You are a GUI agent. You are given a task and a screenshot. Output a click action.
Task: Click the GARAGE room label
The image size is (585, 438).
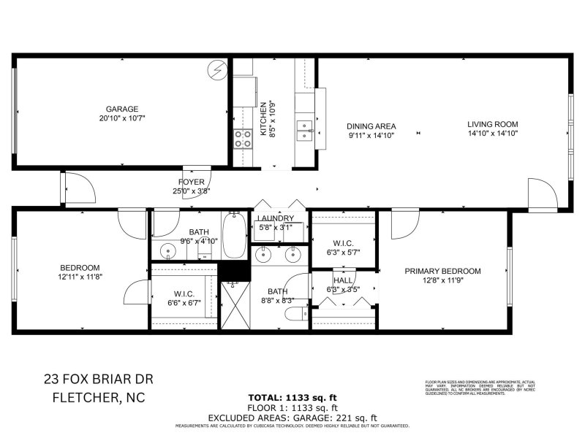(x=121, y=109)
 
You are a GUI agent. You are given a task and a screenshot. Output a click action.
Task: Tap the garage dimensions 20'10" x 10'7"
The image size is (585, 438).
(x=121, y=118)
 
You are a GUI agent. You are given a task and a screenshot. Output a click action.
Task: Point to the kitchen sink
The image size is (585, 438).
(x=304, y=131)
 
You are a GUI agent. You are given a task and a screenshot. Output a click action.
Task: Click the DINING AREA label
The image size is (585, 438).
(x=371, y=126)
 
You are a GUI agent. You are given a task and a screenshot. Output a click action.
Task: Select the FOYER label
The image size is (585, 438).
(x=191, y=182)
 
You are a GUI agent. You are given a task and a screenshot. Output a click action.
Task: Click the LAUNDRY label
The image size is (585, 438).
(x=276, y=218)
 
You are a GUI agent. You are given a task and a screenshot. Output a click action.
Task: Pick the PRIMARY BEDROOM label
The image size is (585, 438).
(x=443, y=271)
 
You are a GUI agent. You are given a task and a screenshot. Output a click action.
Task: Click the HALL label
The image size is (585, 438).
(x=343, y=280)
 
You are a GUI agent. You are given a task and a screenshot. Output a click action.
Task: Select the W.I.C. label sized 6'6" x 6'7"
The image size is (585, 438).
(x=184, y=294)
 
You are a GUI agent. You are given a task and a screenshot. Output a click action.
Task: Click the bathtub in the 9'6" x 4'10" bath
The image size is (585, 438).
(x=233, y=235)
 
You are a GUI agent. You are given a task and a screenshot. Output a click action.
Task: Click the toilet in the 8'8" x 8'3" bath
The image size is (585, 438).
(x=296, y=315)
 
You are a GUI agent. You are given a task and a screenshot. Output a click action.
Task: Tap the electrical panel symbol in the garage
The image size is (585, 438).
(x=217, y=71)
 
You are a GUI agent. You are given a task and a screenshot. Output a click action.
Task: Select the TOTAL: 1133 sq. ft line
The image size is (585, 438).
(x=292, y=396)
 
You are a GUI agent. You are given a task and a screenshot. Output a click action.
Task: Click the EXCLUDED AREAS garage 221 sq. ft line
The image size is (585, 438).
(x=292, y=417)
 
